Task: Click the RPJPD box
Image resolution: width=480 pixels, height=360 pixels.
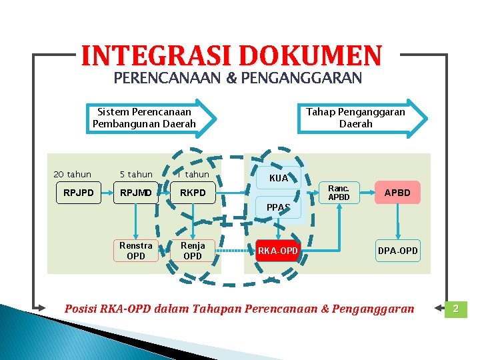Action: (x=79, y=193)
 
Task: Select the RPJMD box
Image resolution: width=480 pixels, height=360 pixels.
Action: (x=135, y=193)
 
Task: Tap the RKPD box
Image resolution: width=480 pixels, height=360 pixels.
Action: (x=192, y=193)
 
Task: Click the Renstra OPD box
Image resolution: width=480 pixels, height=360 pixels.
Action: (x=135, y=251)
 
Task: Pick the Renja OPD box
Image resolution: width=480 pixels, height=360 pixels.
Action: (x=192, y=251)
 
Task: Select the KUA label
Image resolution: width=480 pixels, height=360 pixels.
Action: (x=279, y=178)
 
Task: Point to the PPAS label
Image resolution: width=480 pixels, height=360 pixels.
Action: (x=279, y=207)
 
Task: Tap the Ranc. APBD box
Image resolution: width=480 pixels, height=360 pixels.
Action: (x=339, y=193)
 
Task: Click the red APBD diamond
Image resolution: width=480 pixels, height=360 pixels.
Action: (x=398, y=193)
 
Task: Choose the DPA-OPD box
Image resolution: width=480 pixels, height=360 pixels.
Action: (x=398, y=251)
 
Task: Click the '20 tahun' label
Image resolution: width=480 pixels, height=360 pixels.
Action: (x=72, y=175)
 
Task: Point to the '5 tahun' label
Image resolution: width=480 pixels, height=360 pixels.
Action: (x=136, y=175)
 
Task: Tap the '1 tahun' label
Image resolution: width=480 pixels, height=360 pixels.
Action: (x=193, y=175)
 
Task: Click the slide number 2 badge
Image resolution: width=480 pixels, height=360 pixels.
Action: (x=456, y=309)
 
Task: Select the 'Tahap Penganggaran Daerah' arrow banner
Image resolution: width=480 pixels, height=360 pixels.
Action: (x=360, y=118)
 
